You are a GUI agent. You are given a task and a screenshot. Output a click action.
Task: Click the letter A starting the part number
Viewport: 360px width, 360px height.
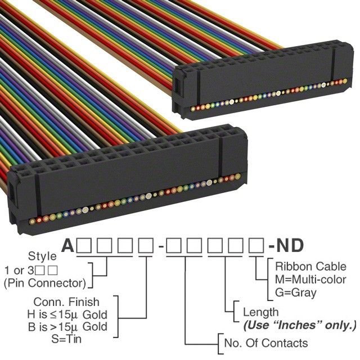click(68, 246)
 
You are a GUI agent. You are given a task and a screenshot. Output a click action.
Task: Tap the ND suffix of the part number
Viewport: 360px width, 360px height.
click(290, 246)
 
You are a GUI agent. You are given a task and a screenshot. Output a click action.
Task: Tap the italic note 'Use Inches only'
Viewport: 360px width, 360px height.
click(299, 325)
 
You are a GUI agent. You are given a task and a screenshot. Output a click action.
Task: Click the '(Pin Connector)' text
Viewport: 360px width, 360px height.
click(45, 282)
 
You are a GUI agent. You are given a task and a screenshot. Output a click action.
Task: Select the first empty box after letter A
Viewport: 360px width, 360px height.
click(84, 246)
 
